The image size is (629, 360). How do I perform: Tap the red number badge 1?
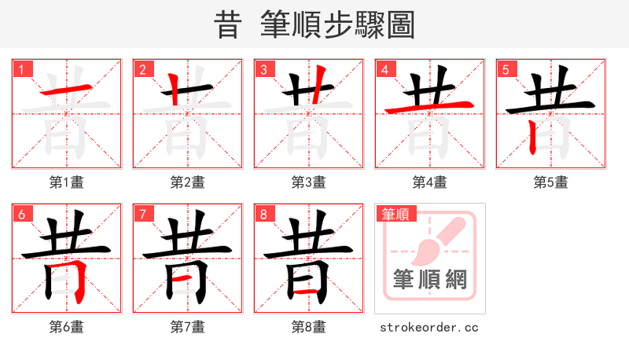point(21,69)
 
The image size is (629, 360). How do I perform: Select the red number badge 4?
point(384,69)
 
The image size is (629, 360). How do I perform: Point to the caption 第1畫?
point(67,182)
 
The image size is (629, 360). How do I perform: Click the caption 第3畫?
point(309,182)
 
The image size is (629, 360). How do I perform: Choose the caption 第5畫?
point(551,182)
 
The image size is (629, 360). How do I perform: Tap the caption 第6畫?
point(67,326)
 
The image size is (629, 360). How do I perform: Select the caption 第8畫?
point(309,326)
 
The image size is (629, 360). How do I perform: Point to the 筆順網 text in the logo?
point(430,279)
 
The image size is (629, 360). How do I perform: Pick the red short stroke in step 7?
point(187,278)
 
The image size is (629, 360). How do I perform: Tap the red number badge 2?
point(142,69)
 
